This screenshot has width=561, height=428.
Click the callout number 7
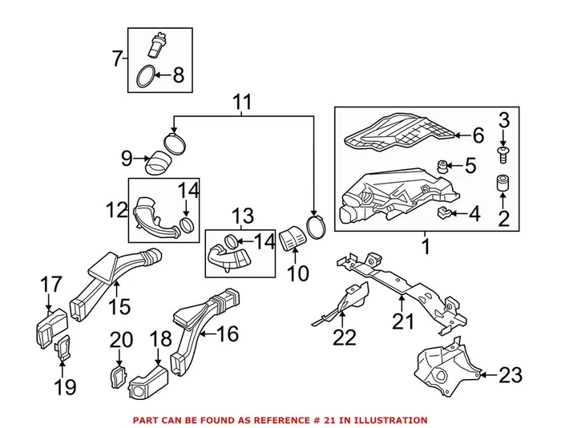tap(118, 59)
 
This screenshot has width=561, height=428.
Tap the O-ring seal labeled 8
tap(145, 77)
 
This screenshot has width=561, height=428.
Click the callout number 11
tap(243, 103)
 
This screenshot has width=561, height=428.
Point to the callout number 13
tap(243, 216)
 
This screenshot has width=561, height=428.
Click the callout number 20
tap(120, 340)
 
